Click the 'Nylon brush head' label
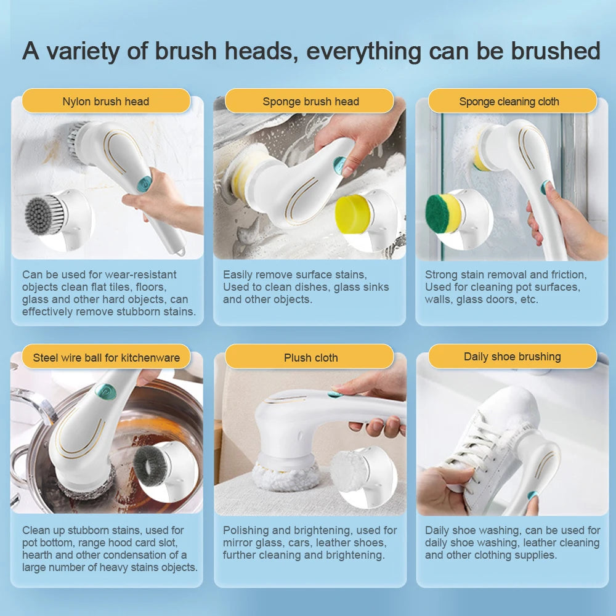tap(105, 102)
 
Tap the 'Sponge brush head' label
tap(310, 102)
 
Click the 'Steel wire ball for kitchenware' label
tap(106, 357)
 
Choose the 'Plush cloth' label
tap(310, 357)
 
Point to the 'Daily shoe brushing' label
tap(512, 357)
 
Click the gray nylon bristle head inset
tap(47, 214)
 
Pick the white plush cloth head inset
tap(350, 472)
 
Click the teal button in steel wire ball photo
tap(105, 391)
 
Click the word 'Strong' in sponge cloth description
tap(441, 275)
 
